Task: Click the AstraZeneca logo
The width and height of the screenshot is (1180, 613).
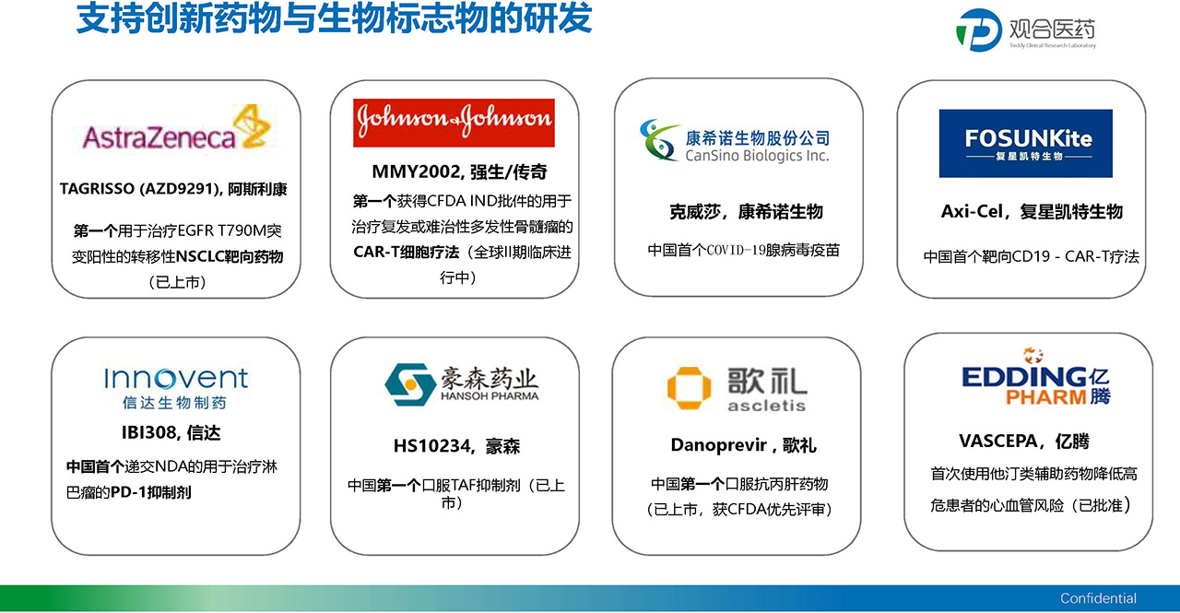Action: pos(176,127)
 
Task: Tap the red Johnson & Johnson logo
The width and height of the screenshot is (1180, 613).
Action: pos(454,123)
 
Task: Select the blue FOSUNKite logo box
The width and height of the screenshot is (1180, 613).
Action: pos(1026,143)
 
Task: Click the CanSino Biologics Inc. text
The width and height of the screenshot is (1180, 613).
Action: pos(757,156)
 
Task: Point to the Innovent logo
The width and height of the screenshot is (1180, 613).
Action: pos(175,387)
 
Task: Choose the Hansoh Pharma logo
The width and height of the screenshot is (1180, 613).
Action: pos(462,385)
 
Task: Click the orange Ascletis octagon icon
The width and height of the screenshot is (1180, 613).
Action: pos(689,388)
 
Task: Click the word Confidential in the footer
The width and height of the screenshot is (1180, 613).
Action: pos(1098,598)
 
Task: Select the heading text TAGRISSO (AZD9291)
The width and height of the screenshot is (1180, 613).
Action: pos(139,189)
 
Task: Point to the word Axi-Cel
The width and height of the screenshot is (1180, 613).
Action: pos(972,212)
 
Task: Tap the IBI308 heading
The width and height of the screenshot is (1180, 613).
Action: pos(149,432)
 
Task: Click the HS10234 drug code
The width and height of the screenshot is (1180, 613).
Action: pos(431,446)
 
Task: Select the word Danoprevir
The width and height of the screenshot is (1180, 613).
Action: pos(718,445)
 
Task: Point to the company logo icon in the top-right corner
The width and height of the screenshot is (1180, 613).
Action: pos(979,30)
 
